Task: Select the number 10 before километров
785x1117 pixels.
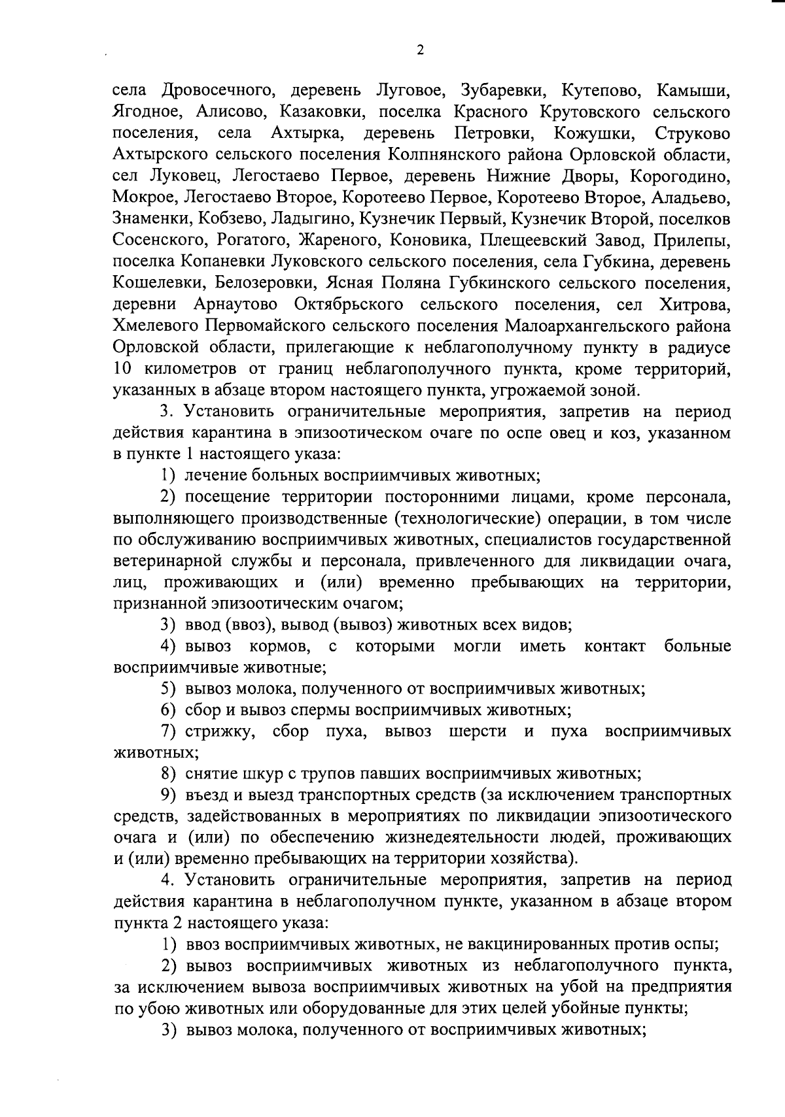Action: [x=123, y=369]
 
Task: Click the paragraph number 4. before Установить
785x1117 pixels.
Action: [x=167, y=880]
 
